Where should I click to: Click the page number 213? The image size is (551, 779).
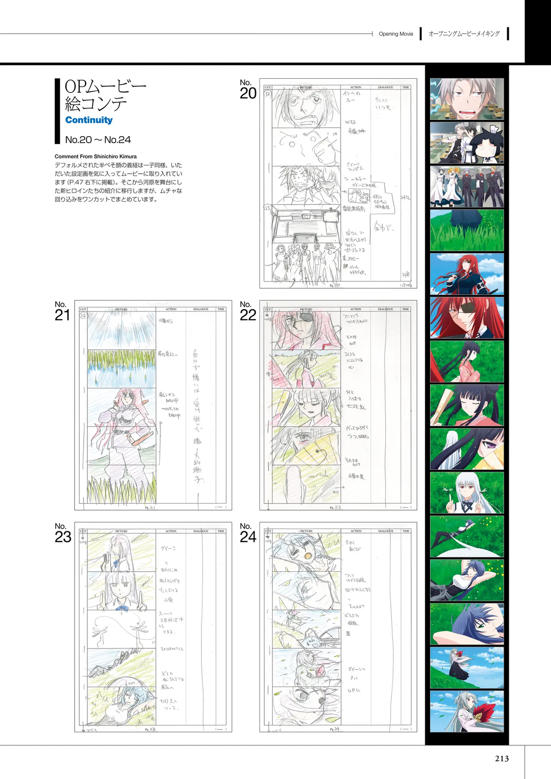point(501,758)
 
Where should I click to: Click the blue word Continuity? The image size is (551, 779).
point(89,120)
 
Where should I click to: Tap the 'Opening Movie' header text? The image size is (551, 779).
point(396,34)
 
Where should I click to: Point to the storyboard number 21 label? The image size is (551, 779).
point(62,311)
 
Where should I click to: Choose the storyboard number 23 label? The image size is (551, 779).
point(62,533)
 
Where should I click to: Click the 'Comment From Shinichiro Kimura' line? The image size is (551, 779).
point(96,157)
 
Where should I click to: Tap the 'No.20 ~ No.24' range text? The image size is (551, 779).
point(98,140)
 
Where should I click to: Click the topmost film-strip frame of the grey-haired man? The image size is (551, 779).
point(467,99)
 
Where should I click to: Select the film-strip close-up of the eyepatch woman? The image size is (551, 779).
point(467,318)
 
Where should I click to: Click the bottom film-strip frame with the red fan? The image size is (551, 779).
point(467,711)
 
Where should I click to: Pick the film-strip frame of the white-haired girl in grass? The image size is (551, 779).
point(467,493)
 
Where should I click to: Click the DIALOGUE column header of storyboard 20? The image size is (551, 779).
point(385,87)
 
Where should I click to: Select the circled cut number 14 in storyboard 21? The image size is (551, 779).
point(83,316)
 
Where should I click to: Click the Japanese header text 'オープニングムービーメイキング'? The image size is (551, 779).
point(464,34)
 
